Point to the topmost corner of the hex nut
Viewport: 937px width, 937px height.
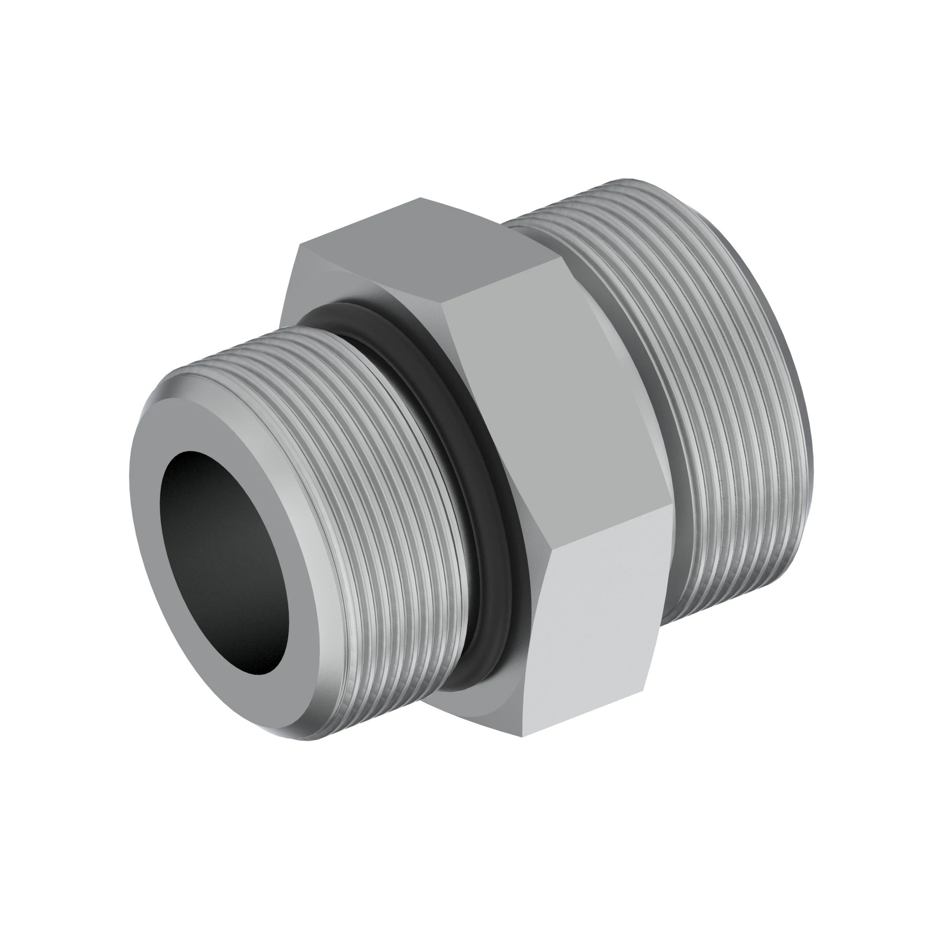tap(421, 198)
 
